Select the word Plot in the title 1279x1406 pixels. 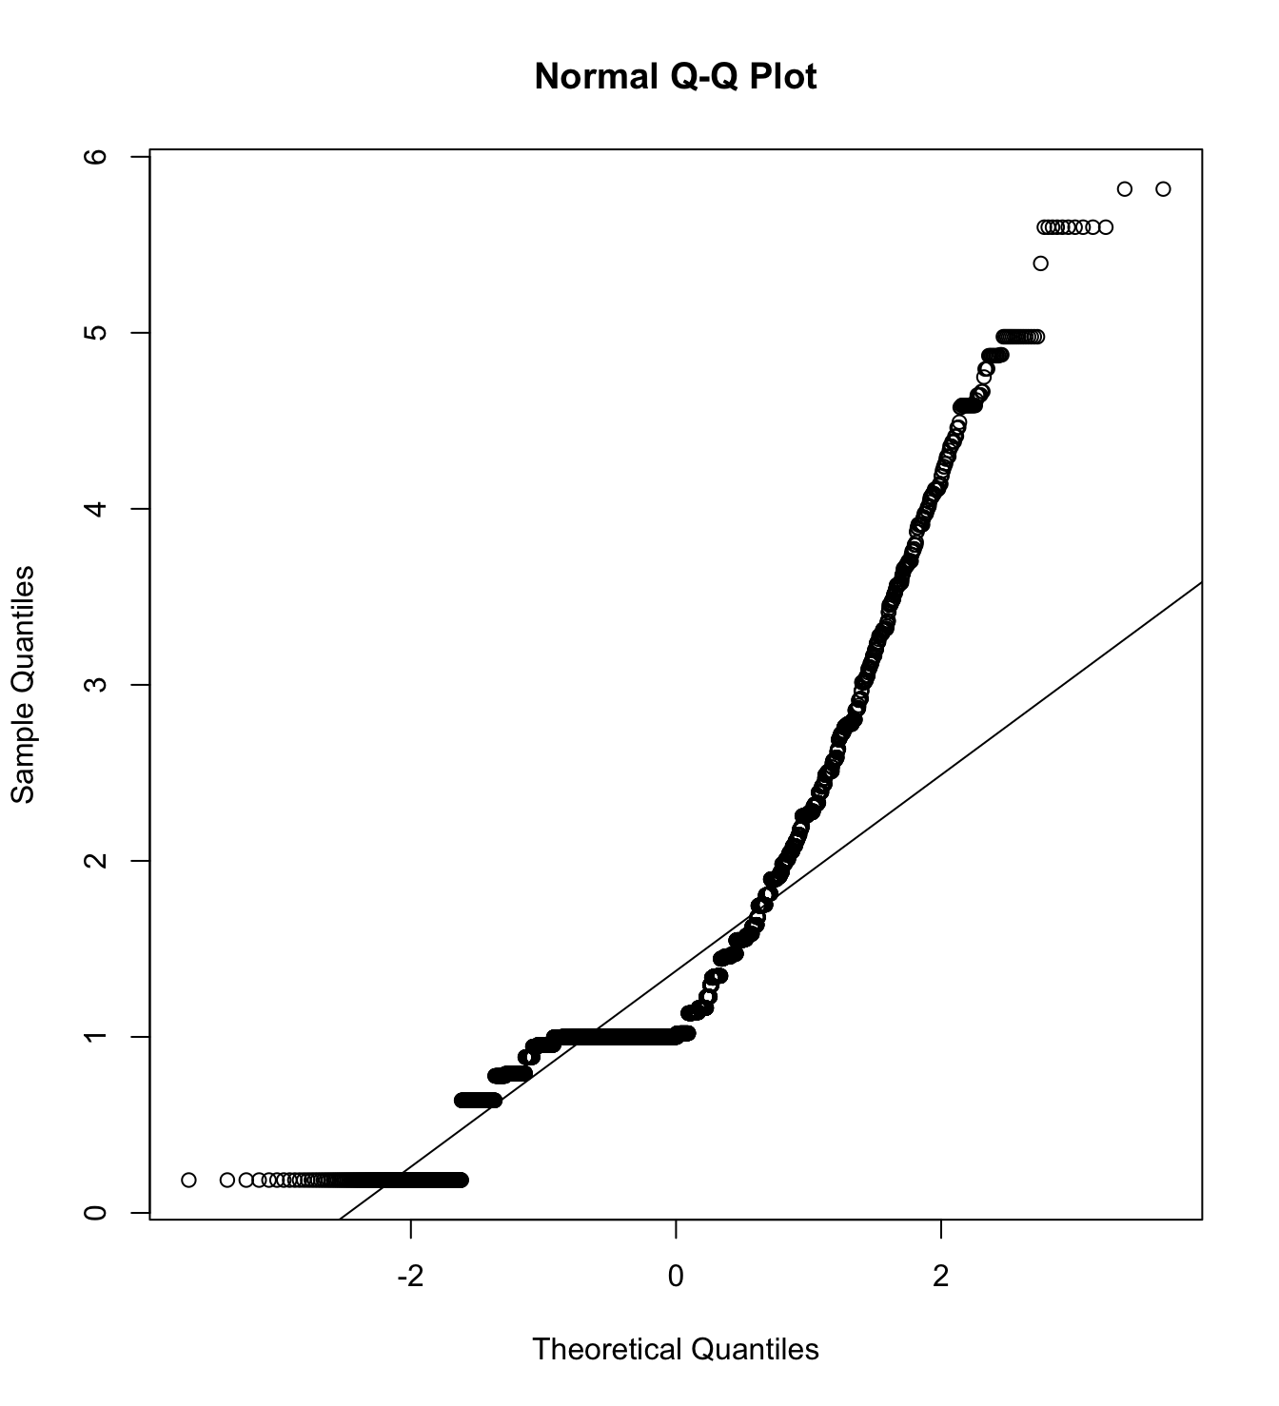[782, 77]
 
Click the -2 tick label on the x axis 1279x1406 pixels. [410, 1276]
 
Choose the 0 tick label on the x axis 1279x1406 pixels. [676, 1276]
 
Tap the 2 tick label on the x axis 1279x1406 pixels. [941, 1276]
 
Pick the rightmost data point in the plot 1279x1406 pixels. [1163, 189]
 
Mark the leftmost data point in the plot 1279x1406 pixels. [188, 1181]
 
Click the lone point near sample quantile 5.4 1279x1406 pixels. [1040, 264]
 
